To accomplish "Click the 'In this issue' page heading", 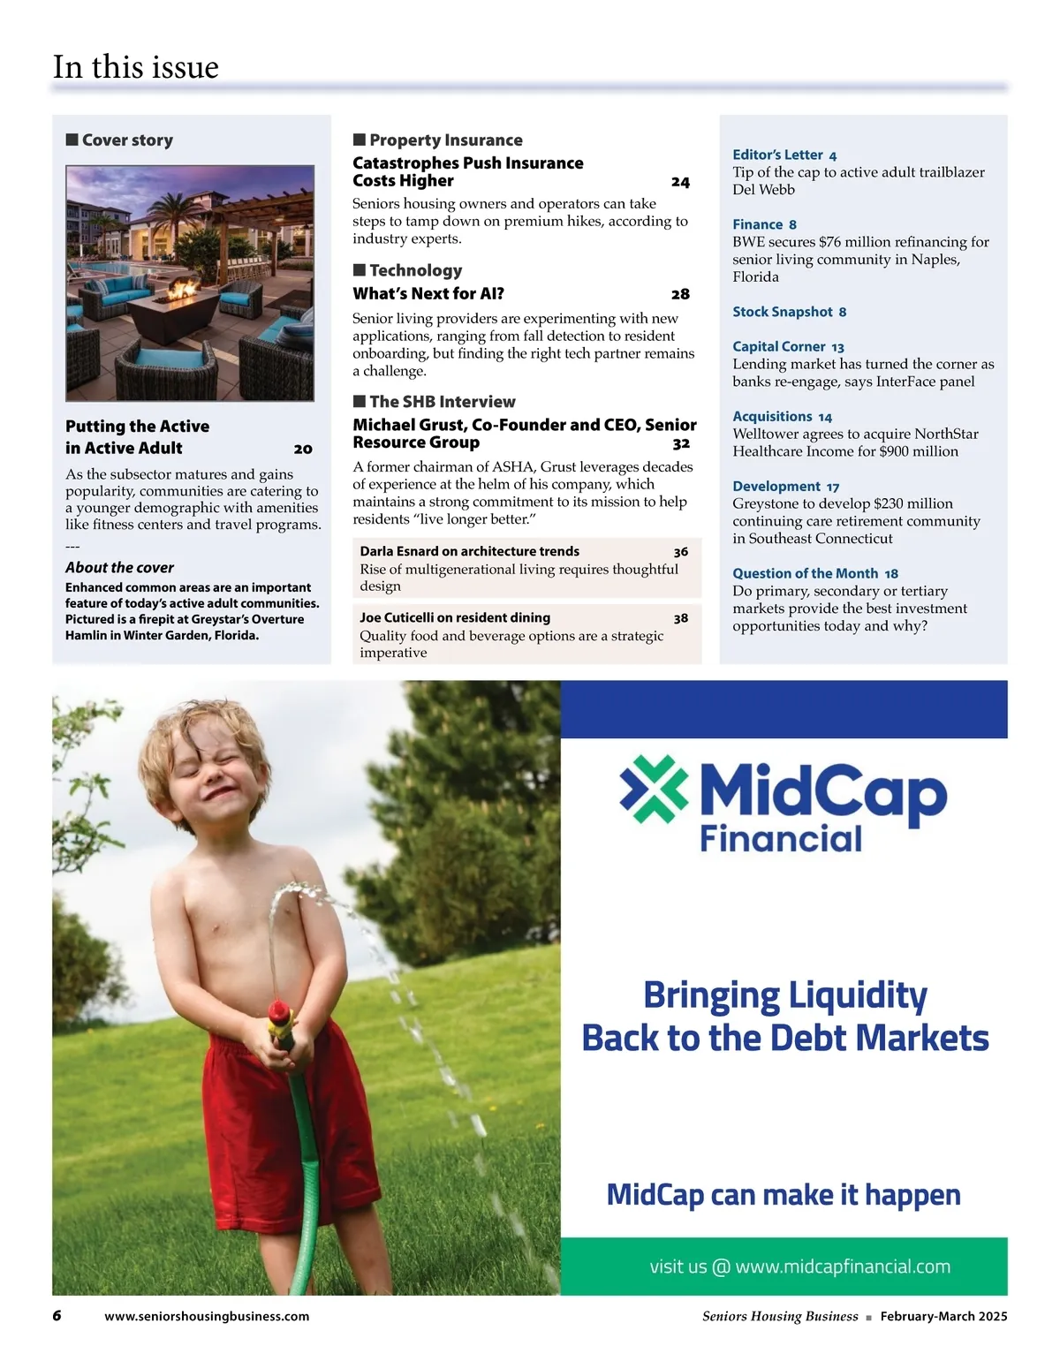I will click(x=135, y=67).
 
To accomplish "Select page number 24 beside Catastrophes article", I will click(x=680, y=182).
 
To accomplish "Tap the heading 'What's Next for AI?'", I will click(x=428, y=294).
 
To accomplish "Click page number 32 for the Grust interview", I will click(x=681, y=443).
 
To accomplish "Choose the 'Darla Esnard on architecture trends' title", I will click(x=469, y=551).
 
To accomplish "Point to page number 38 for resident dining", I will click(x=681, y=618).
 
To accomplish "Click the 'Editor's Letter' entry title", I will click(x=777, y=155).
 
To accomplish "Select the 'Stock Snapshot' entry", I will click(x=783, y=312).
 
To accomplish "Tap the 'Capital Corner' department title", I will click(x=779, y=346).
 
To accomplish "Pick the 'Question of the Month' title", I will click(x=806, y=573).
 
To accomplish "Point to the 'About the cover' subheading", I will click(x=119, y=567).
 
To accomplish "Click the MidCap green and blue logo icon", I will click(x=654, y=790).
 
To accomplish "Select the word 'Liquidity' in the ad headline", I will click(x=856, y=995).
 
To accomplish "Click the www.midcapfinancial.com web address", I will click(x=843, y=1266).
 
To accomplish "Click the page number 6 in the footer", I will click(x=57, y=1316).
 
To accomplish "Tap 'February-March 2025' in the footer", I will click(x=943, y=1316).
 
